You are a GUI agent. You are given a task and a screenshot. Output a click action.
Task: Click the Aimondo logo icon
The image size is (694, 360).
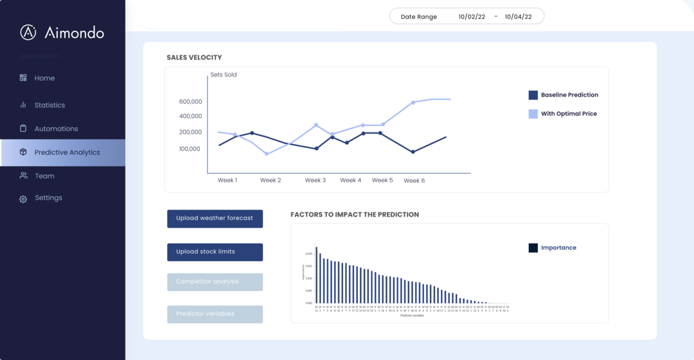[28, 32]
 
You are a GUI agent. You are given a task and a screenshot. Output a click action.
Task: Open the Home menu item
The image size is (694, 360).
[44, 78]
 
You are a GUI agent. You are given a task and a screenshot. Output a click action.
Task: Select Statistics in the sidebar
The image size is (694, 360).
[49, 105]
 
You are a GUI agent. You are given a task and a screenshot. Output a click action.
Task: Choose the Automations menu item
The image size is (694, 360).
[56, 129]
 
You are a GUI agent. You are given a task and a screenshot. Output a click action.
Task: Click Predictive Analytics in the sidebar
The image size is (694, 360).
[67, 152]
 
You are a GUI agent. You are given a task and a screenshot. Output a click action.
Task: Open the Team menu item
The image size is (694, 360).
[44, 175]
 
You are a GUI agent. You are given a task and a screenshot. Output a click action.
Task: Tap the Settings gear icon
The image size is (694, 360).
[23, 199]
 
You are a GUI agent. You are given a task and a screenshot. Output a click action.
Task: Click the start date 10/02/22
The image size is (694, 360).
[472, 17]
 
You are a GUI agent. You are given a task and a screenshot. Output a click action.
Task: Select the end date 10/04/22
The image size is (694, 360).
[518, 17]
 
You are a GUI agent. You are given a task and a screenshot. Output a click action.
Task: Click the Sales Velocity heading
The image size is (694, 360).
[194, 57]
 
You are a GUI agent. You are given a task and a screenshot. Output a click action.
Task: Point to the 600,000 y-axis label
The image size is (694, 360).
[191, 102]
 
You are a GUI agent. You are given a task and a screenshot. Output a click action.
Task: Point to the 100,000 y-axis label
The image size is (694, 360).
[191, 148]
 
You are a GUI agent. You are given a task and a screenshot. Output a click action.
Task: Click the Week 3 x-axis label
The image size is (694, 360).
[315, 180]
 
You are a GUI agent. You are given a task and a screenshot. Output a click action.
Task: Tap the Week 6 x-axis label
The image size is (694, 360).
[414, 181]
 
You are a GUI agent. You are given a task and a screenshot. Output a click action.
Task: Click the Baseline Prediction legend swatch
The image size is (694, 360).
[533, 95]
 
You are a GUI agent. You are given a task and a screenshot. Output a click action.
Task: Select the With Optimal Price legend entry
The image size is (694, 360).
[569, 114]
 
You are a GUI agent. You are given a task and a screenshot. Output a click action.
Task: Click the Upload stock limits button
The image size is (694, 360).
[215, 252]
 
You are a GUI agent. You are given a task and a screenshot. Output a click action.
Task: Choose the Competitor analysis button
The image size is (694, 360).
[215, 282]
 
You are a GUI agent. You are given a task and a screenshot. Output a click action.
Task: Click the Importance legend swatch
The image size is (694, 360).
[533, 248]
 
